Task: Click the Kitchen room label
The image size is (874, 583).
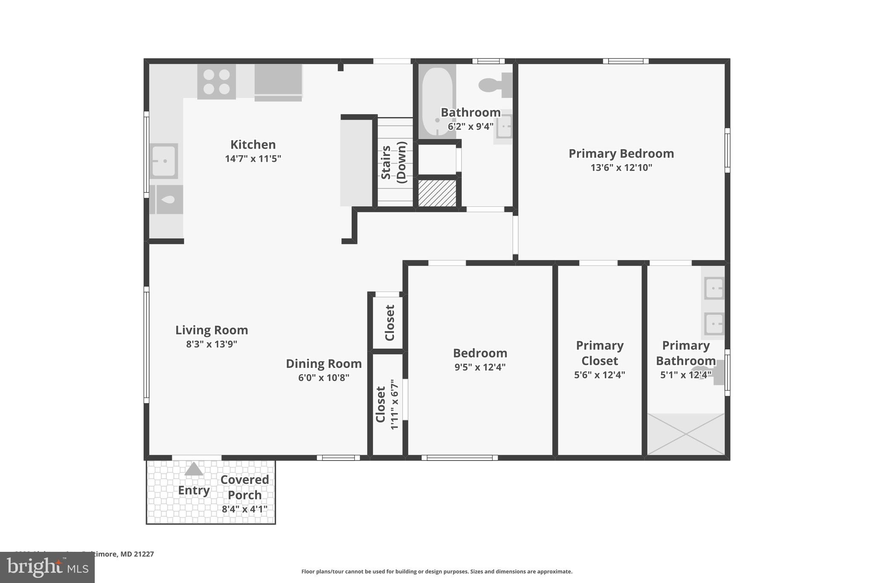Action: pos(253,144)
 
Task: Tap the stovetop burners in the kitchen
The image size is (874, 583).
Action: pos(216,82)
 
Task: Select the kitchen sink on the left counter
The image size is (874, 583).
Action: pos(164,161)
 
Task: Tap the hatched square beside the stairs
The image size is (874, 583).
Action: pos(437,193)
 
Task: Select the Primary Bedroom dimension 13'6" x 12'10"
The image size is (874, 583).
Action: pos(621,167)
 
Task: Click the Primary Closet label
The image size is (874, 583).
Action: pos(599,353)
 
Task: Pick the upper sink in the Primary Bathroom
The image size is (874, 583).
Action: pos(714,288)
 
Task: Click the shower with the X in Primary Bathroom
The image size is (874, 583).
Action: pos(686,434)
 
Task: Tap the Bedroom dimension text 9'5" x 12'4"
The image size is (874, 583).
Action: pos(480,367)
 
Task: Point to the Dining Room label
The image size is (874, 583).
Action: pos(323,363)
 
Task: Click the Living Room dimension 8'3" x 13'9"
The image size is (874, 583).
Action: pos(211,344)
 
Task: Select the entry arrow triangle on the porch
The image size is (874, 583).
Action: pos(194,469)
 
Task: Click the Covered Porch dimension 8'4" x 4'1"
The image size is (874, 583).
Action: pos(245,509)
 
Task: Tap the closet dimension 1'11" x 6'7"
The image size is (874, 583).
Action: pos(394,404)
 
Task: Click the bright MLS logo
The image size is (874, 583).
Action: pos(47,567)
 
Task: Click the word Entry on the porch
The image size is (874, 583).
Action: pos(194,490)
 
